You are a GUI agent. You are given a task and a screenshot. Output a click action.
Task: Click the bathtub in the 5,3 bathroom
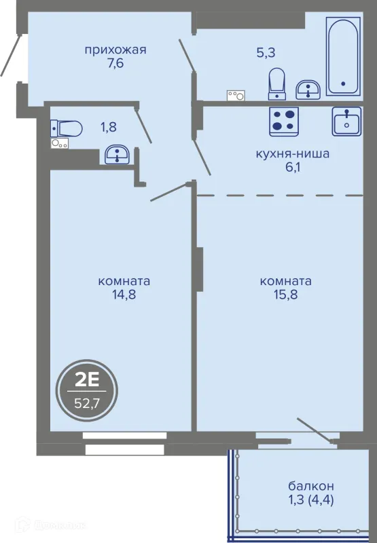pyautogui.click(x=342, y=56)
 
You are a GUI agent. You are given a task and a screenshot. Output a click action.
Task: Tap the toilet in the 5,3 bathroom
pyautogui.click(x=277, y=83)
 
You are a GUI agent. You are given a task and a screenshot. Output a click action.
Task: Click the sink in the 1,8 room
pyautogui.click(x=117, y=155)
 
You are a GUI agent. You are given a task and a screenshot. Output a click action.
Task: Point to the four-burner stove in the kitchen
pyautogui.click(x=284, y=121)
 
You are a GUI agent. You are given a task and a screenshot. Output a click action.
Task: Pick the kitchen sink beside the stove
pyautogui.click(x=346, y=121)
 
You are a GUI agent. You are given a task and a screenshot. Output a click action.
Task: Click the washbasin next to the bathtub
pyautogui.click(x=308, y=90)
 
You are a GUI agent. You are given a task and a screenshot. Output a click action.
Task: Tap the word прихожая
pyautogui.click(x=115, y=50)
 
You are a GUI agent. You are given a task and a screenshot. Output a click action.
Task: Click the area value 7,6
pyautogui.click(x=115, y=64)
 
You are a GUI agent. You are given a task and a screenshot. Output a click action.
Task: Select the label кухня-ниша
pyautogui.click(x=293, y=153)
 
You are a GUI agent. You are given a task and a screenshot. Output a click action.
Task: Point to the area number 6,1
pyautogui.click(x=293, y=168)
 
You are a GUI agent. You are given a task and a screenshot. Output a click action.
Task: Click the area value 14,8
pyautogui.click(x=124, y=295)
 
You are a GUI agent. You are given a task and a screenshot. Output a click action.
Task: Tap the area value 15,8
pyautogui.click(x=286, y=295)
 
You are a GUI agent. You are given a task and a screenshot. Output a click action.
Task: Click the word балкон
pyautogui.click(x=311, y=486)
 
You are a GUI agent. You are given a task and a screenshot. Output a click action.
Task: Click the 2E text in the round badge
pyautogui.click(x=88, y=381)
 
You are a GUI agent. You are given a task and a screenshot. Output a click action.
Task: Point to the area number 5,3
pyautogui.click(x=266, y=53)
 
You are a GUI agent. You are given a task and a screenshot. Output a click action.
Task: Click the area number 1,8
pyautogui.click(x=109, y=128)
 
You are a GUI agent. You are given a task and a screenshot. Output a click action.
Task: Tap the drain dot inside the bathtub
pyautogui.click(x=344, y=83)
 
